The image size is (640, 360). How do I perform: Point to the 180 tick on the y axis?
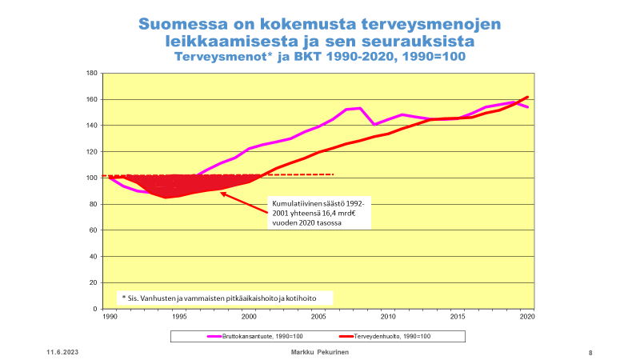[91, 74]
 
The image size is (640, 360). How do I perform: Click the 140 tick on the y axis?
[91, 126]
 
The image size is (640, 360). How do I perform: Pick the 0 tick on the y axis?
[95, 309]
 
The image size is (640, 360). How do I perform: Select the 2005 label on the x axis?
[318, 318]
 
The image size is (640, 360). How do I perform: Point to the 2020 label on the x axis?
[528, 318]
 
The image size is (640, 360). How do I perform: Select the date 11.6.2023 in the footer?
[62, 353]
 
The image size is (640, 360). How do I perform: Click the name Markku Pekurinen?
[318, 353]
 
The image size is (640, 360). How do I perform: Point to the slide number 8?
[590, 353]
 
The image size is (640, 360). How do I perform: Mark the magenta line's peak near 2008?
[360, 108]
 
